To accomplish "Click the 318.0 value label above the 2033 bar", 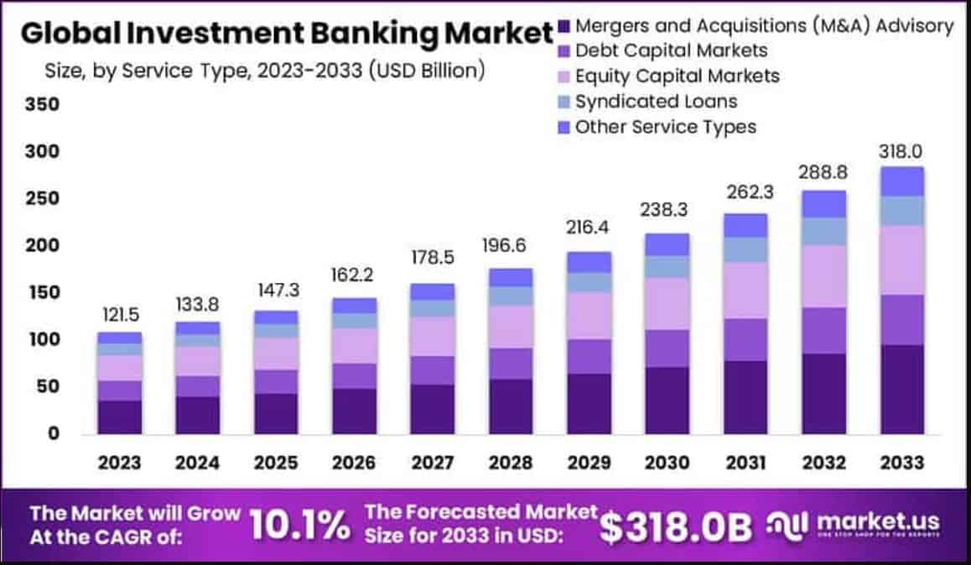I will [902, 152].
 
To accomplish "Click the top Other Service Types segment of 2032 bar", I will [823, 203].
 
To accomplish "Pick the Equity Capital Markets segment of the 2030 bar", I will [667, 303].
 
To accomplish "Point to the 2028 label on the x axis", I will [511, 463].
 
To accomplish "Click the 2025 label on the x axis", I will [276, 463].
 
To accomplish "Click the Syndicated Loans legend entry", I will [657, 102].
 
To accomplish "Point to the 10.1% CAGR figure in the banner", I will [299, 525].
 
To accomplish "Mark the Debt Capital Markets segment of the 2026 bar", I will [354, 375].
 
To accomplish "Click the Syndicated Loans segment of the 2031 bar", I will [745, 249].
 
